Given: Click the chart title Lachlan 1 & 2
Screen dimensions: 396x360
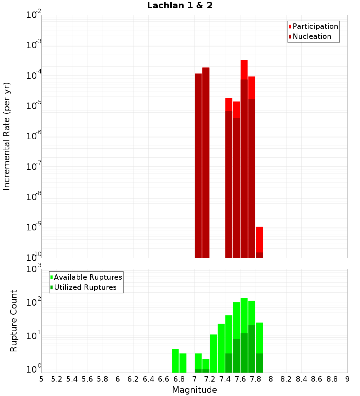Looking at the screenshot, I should [x=180, y=6].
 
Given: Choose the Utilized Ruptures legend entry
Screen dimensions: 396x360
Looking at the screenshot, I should [x=85, y=287].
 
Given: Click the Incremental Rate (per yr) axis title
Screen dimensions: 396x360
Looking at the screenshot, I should [x=7, y=136].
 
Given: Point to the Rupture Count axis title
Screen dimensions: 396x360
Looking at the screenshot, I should [x=14, y=321].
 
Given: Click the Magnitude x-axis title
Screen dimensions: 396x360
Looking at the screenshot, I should [x=194, y=390].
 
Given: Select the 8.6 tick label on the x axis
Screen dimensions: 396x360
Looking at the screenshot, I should [x=317, y=379].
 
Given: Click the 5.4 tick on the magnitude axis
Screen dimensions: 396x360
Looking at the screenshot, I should [x=72, y=379].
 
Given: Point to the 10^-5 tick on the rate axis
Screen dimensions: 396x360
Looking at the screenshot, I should [x=34, y=106].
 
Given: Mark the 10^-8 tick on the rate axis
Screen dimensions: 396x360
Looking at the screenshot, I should [x=34, y=197].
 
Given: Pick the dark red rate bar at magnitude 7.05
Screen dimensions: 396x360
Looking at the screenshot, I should [x=198, y=166].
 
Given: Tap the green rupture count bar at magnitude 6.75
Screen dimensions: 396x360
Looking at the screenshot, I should [x=175, y=361].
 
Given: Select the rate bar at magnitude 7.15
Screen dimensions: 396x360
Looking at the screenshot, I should [x=206, y=162].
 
